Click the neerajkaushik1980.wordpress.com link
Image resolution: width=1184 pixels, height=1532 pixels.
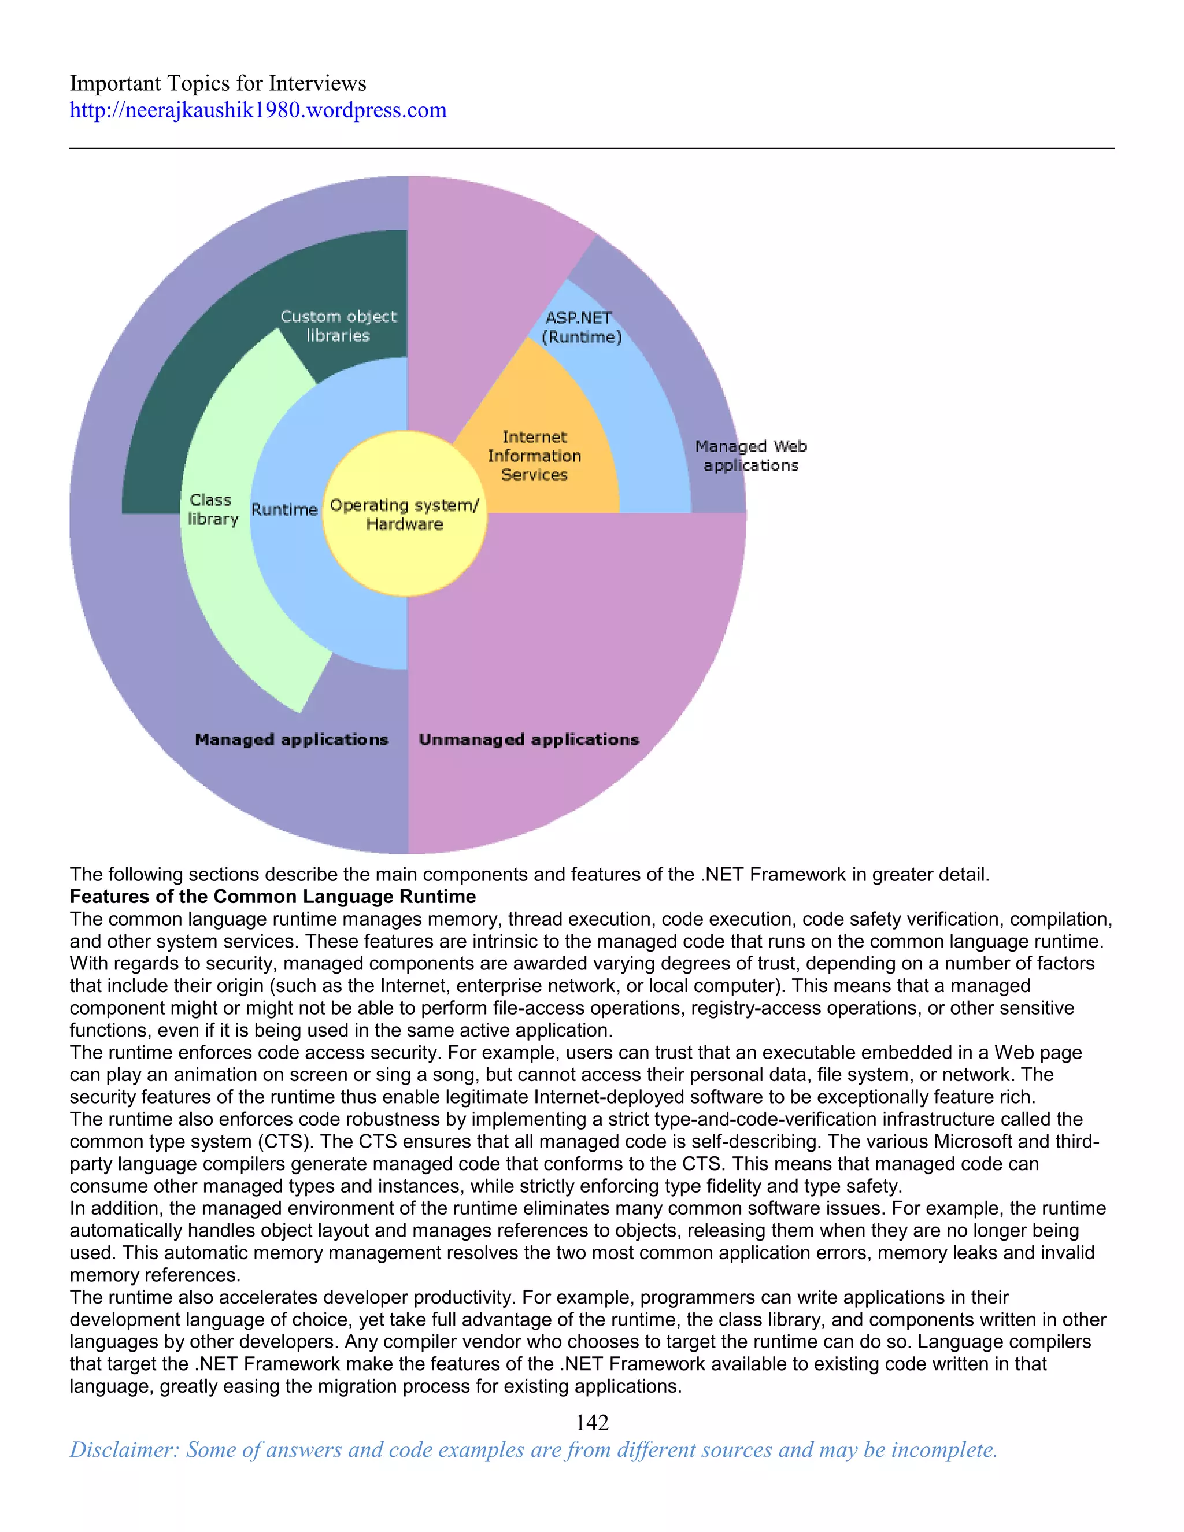coord(257,111)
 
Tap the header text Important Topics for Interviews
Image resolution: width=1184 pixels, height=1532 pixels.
coord(217,83)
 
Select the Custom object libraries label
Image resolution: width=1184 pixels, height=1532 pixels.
coord(338,325)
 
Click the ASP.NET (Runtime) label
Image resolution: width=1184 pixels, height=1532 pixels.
coord(581,327)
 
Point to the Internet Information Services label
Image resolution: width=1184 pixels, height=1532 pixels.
coord(535,456)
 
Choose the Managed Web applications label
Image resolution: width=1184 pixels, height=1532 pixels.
coord(750,456)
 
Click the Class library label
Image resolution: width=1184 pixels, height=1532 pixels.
coord(213,509)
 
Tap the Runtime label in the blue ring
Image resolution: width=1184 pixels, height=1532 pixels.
coord(284,510)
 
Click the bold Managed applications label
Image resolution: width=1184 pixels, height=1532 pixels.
coord(291,739)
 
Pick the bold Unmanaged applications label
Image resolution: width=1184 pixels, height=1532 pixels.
coord(529,739)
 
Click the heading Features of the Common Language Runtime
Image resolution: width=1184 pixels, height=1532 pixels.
coord(272,897)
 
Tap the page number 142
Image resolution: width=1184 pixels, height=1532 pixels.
coord(591,1423)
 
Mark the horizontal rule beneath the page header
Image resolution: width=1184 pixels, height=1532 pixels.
coord(591,149)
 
